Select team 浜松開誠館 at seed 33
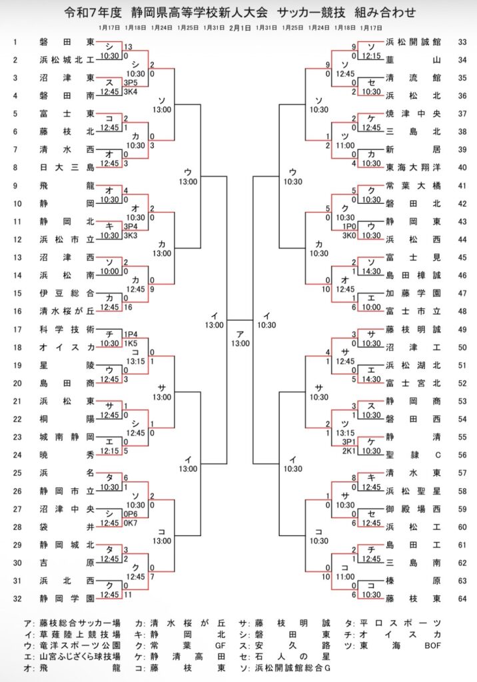point(413,41)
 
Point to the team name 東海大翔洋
point(413,167)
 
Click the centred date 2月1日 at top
point(239,28)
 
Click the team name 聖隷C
point(413,455)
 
